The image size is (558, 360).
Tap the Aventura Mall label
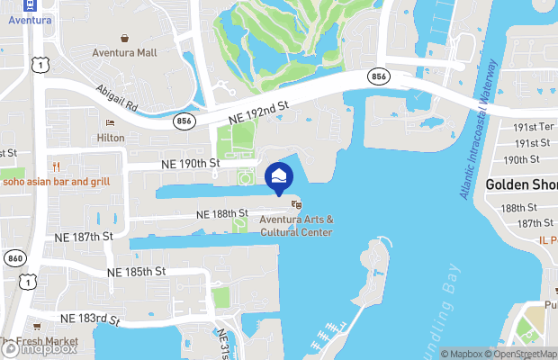pos(124,53)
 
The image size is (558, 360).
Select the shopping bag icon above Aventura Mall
pos(124,38)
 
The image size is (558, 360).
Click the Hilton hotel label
pos(111,138)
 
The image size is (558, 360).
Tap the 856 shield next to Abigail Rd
pos(184,121)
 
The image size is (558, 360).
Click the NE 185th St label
pos(136,271)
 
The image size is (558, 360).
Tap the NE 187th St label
pos(82,236)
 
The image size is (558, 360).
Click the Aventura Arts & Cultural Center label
pos(296,226)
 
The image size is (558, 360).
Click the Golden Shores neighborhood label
pos(521,184)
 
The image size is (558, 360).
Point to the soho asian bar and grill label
pos(56,182)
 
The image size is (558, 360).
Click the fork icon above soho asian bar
pos(56,166)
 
